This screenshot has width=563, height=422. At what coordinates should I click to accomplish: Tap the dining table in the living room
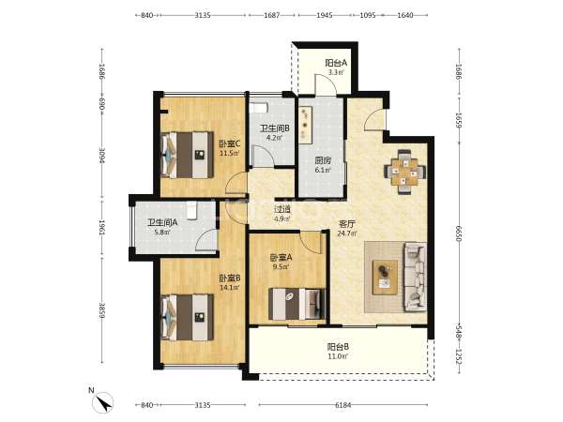coord(405,172)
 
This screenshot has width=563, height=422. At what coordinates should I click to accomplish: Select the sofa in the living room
coord(416,277)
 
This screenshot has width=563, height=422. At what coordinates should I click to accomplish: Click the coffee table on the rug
coord(385,278)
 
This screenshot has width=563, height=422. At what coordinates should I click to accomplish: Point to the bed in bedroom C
coord(187,155)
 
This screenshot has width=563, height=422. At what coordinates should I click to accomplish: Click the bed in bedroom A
coord(297,304)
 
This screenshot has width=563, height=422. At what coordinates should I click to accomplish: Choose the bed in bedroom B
coord(187,318)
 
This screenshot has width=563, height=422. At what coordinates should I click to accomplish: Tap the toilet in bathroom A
coord(192,210)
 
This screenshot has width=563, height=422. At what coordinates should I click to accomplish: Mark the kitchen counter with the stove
coord(306,125)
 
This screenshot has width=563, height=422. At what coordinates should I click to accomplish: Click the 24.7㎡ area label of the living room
coord(347,234)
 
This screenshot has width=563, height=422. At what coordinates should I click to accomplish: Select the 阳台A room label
coord(336,63)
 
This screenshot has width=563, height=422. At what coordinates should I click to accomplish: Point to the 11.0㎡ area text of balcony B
coord(338,356)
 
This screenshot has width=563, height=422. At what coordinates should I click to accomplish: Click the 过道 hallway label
coord(282,209)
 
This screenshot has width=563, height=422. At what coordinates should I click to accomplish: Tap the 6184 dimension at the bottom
coord(342,405)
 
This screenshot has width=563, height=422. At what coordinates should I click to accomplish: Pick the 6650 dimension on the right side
coord(459,234)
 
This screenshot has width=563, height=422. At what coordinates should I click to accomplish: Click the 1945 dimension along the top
coord(325,15)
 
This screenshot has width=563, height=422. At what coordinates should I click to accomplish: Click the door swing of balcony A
coord(326,84)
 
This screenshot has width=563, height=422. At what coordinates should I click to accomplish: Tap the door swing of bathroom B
coord(263,156)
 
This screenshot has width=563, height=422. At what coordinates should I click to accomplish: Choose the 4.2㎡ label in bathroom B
coord(275,137)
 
